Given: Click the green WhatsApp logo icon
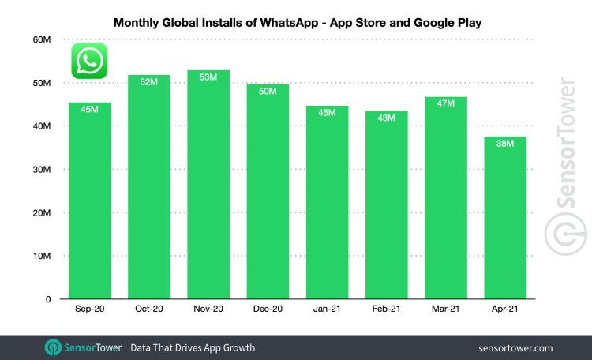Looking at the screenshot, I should (x=89, y=61).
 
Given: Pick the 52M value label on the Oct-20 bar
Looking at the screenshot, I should (x=149, y=82).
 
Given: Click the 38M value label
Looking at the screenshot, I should (x=505, y=144).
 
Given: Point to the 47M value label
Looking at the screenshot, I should (x=446, y=104).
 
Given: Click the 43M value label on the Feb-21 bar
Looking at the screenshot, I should (x=387, y=118).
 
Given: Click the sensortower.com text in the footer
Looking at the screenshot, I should (x=515, y=347).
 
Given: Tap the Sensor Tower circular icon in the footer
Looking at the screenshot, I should (x=54, y=347).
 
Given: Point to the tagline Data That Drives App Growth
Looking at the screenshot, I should (x=193, y=347).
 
